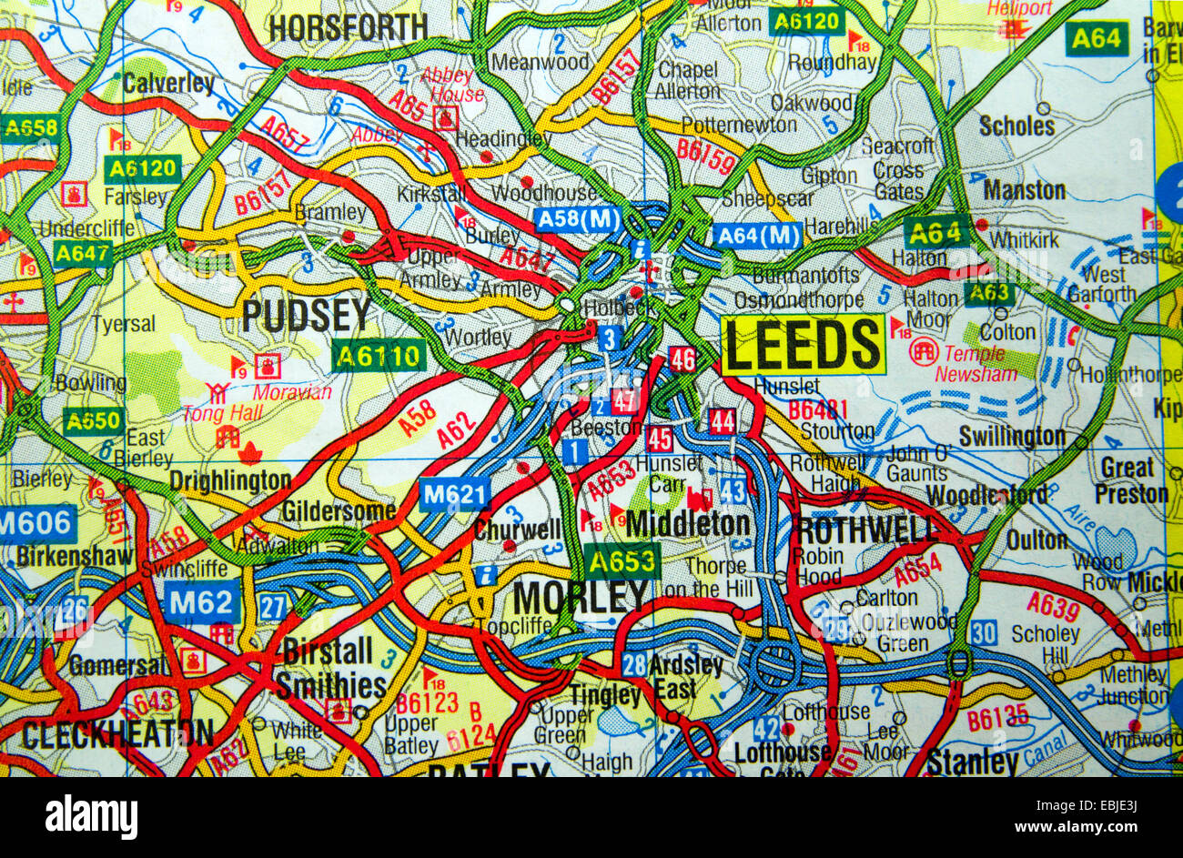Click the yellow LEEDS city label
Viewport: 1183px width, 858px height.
[x=803, y=345]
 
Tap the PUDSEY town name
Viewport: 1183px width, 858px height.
[x=306, y=316]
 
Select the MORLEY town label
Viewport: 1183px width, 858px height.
[x=581, y=598]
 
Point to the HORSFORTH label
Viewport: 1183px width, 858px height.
[x=349, y=28]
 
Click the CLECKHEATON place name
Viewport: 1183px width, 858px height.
[x=117, y=734]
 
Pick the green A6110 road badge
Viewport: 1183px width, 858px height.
[x=379, y=355]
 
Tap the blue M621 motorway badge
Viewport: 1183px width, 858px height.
[x=455, y=494]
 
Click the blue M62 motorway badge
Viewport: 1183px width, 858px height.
[x=203, y=601]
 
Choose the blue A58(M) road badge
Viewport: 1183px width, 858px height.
[x=578, y=219]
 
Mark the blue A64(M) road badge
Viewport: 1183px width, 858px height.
[x=757, y=236]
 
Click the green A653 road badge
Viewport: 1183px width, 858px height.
[x=622, y=561]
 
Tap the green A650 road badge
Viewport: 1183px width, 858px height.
[x=93, y=420]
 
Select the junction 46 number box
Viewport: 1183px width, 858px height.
[x=682, y=358]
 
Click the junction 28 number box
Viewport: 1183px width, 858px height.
[x=634, y=664]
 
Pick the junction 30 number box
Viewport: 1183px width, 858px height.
[x=983, y=632]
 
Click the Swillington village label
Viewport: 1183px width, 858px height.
[x=1012, y=437]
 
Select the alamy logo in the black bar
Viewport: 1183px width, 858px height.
[x=91, y=816]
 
